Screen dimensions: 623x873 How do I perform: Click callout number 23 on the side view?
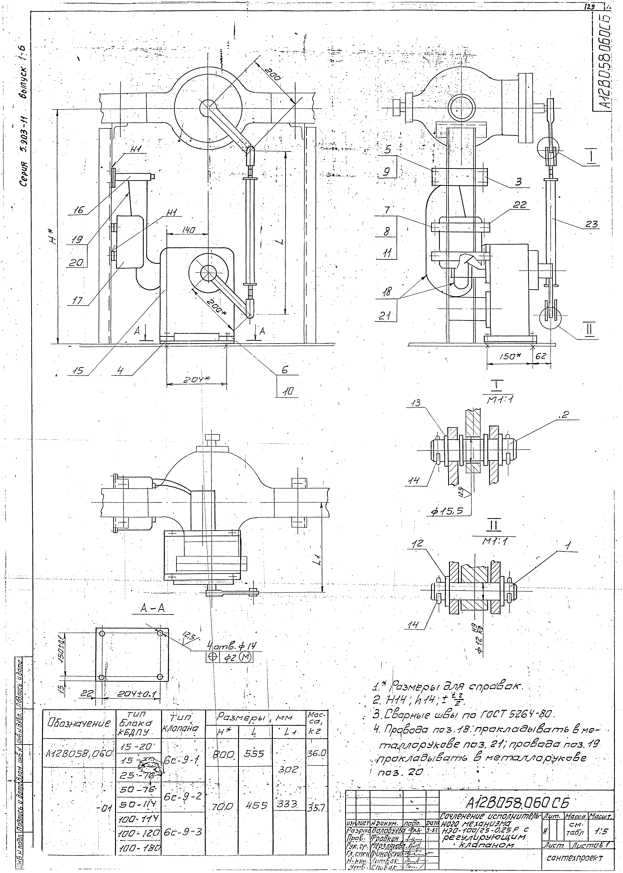click(x=592, y=225)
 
